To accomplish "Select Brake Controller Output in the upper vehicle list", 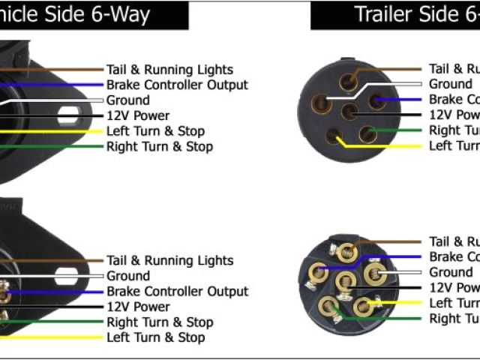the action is click(x=177, y=85).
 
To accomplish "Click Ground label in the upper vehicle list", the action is click(x=127, y=100).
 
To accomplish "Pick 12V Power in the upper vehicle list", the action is click(x=137, y=115).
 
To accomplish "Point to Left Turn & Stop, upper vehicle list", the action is click(x=154, y=131).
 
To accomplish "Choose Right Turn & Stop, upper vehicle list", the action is click(x=159, y=146).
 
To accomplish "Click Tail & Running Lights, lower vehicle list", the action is click(x=169, y=261).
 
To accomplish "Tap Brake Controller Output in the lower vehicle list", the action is click(x=177, y=291).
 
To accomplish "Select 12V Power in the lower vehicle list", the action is click(x=137, y=307).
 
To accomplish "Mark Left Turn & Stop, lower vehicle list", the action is click(x=155, y=337).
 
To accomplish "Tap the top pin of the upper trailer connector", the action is click(x=348, y=81).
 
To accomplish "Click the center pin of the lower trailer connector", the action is click(x=344, y=281).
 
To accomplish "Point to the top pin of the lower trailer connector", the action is click(x=346, y=251).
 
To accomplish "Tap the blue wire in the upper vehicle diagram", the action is click(x=45, y=85).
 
